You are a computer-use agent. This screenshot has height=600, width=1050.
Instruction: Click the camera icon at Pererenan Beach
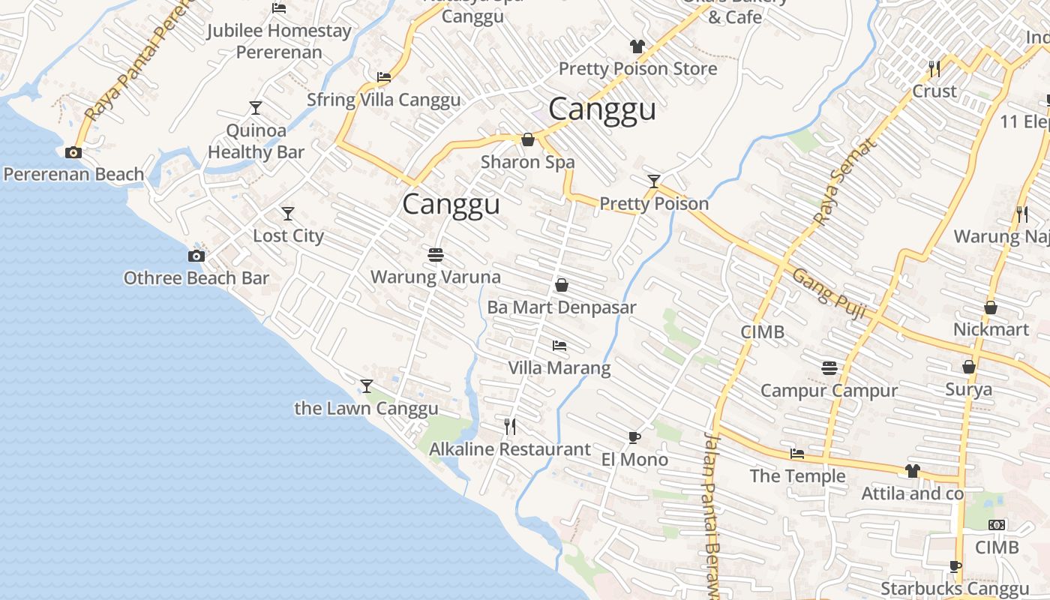[x=73, y=152]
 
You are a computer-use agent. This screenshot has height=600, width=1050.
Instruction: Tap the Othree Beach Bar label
[x=196, y=278]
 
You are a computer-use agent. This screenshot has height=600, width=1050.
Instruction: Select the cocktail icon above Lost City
[x=287, y=214]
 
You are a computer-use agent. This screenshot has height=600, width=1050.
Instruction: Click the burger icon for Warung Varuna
[x=436, y=255]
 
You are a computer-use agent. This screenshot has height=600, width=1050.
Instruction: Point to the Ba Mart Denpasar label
[x=561, y=307]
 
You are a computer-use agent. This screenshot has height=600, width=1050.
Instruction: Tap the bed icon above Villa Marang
[x=559, y=346]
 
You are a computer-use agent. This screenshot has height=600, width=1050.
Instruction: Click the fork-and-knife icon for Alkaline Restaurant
[x=510, y=427]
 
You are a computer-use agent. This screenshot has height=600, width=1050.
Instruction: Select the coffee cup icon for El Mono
[x=634, y=437]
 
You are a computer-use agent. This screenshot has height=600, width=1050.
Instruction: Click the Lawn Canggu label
[x=366, y=409]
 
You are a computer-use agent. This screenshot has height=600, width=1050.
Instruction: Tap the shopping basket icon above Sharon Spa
[x=528, y=139]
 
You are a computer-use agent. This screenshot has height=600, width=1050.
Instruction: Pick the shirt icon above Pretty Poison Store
[x=637, y=46]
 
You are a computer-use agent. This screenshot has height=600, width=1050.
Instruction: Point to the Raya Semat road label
[x=844, y=182]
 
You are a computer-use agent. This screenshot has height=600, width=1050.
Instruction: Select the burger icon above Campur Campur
[x=829, y=368]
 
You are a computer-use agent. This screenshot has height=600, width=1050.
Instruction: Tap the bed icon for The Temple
[x=797, y=454]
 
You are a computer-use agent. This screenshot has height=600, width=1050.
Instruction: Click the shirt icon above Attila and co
[x=912, y=471]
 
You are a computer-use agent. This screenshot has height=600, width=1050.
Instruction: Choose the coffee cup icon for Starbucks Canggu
[x=955, y=566]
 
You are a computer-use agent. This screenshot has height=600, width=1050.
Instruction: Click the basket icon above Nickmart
[x=991, y=307]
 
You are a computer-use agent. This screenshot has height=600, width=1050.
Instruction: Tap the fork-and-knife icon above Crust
[x=934, y=69]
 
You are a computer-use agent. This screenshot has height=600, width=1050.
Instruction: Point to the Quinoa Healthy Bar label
[x=256, y=141]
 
